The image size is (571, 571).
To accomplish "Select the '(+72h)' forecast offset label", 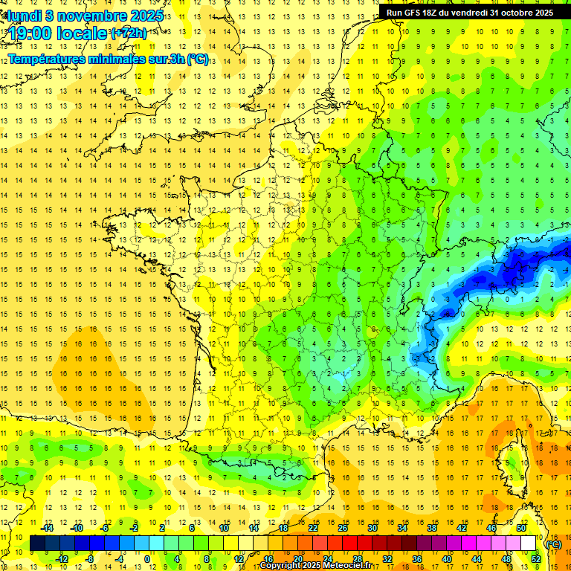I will click(129, 33).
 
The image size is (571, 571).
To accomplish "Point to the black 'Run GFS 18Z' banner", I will click(470, 12).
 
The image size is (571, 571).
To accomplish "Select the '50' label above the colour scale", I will click(521, 528).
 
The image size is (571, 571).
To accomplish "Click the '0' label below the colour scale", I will click(147, 559).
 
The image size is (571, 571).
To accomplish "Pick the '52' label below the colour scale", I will click(536, 559).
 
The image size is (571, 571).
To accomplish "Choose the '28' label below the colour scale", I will click(357, 559).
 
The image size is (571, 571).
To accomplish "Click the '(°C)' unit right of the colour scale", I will click(553, 543).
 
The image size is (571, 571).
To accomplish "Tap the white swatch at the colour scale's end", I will click(529, 543).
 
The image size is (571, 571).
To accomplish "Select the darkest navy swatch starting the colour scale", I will click(37, 543).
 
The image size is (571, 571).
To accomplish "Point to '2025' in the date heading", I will click(146, 16).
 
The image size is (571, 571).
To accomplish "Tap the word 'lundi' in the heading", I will click(25, 16).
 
